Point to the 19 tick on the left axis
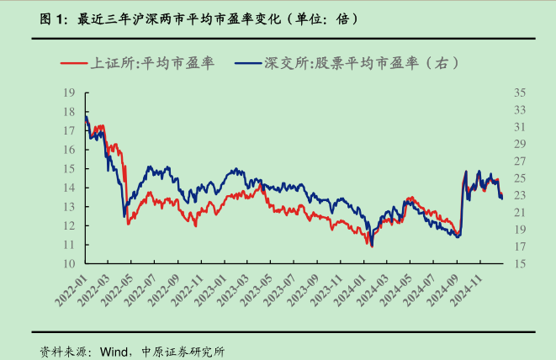tap(70, 93)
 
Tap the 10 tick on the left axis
tap(70, 263)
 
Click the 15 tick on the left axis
tap(70, 168)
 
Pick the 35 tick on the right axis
tap(519, 93)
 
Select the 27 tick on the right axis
tap(519, 161)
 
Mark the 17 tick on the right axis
tap(519, 246)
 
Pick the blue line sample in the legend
tap(249, 63)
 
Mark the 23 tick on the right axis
tap(519, 195)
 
